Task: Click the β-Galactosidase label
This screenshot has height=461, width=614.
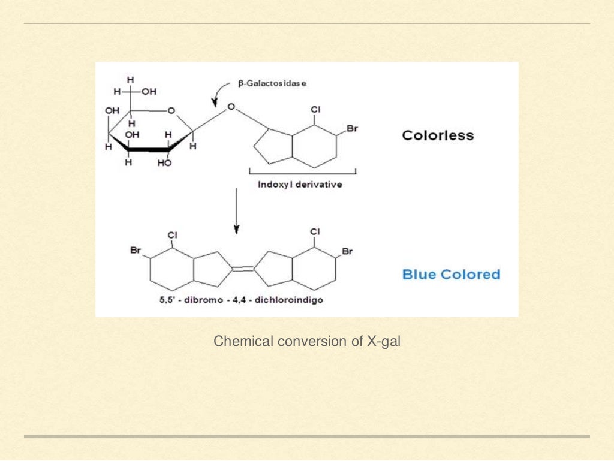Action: coord(272,83)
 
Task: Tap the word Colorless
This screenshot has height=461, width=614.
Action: coord(438,135)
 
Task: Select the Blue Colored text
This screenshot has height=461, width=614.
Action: coord(451,275)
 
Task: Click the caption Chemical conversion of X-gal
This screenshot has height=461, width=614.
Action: coord(307,341)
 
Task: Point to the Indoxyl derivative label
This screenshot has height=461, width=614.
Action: coord(300,184)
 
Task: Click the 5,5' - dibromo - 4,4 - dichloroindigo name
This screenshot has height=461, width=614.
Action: coord(241,300)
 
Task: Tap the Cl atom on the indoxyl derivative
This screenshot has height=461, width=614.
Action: coord(315,110)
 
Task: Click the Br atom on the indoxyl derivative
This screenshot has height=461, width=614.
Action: coord(352,129)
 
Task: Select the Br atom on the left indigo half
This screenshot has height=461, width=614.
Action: coord(136,250)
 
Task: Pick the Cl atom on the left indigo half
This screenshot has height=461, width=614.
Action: coord(172,235)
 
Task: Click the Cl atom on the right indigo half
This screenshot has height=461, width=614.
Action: coord(315,231)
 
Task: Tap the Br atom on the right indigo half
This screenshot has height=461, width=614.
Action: coord(347,251)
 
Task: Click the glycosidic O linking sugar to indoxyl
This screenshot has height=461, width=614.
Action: coord(231,107)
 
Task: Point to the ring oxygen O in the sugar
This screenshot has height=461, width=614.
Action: coord(171,111)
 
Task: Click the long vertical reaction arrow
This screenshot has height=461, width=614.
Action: coord(236,211)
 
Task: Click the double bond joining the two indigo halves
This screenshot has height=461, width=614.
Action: coord(243,269)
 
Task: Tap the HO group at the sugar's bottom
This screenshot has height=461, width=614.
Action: coord(164,163)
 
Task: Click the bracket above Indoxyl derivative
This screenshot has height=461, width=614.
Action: coord(303,172)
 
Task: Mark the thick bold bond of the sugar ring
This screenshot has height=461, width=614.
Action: coord(149,150)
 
